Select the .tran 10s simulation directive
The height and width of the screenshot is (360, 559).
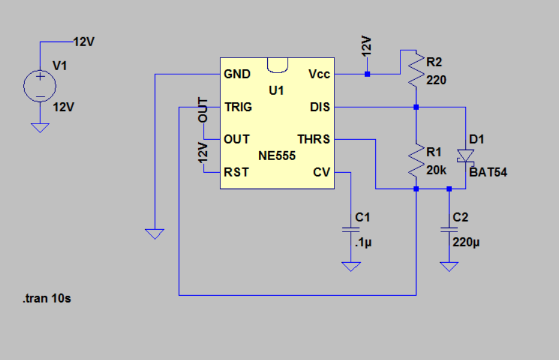(x=47, y=298)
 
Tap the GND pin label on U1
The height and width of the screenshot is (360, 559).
(x=237, y=74)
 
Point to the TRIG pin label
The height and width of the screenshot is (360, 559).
(x=238, y=107)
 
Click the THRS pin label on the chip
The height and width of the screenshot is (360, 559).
(x=313, y=139)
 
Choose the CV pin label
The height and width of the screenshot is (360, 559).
(x=322, y=172)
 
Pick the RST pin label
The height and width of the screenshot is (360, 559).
(x=236, y=172)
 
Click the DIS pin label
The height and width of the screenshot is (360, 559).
(x=320, y=107)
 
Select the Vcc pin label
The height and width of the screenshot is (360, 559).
(x=319, y=74)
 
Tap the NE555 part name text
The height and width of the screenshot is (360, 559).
(x=277, y=155)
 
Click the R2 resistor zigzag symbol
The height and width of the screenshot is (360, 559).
(x=416, y=70)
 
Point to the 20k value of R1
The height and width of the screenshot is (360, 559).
(x=436, y=170)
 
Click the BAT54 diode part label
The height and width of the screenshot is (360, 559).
(x=488, y=172)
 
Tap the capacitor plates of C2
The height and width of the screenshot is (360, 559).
(x=449, y=230)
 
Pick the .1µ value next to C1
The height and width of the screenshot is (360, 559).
(x=363, y=242)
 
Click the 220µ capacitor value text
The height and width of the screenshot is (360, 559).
(x=466, y=242)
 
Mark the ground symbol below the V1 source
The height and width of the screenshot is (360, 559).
(x=40, y=128)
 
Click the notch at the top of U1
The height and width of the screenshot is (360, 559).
(x=277, y=65)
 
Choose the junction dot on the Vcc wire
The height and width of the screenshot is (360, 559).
(x=367, y=74)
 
